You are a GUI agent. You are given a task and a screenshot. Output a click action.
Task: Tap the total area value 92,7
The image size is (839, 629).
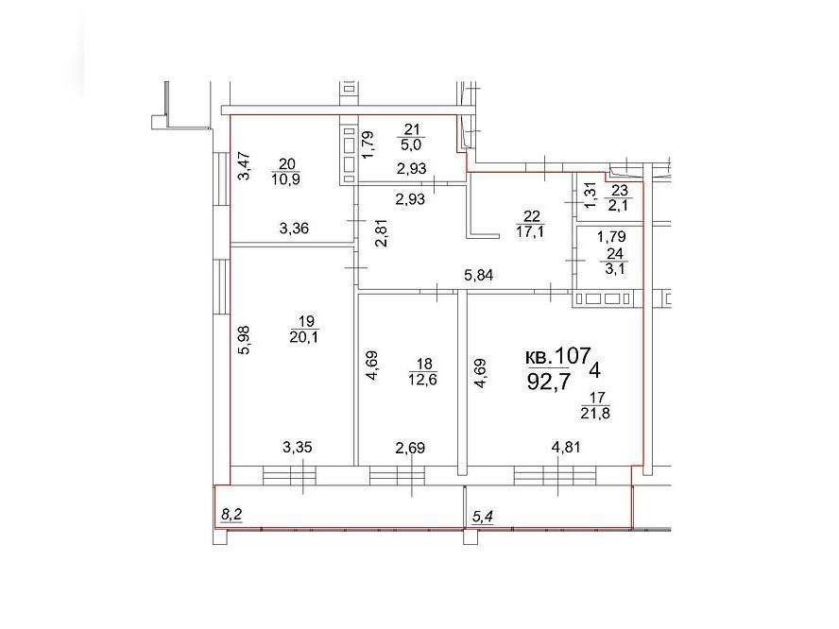click(x=550, y=382)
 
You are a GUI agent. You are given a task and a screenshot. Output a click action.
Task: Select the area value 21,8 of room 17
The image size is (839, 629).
click(x=595, y=413)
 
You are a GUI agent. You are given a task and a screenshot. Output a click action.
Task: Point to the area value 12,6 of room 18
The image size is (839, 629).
click(x=422, y=380)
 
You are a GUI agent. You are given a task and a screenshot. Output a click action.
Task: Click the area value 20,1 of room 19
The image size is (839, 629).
click(x=304, y=337)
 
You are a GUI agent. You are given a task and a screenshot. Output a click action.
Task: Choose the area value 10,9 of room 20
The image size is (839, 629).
click(x=285, y=179)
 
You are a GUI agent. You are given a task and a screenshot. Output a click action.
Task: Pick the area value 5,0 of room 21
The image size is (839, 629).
click(x=412, y=144)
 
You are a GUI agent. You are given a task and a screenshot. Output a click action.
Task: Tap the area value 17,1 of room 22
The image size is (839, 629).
click(x=530, y=231)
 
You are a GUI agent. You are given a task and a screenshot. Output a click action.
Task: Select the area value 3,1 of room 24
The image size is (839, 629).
click(x=615, y=268)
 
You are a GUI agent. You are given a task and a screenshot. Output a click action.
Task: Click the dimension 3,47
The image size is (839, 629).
click(x=244, y=166)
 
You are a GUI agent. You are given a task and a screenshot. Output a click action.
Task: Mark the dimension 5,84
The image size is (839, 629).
click(x=478, y=276)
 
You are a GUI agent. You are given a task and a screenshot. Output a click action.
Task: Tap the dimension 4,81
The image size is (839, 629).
click(x=566, y=447)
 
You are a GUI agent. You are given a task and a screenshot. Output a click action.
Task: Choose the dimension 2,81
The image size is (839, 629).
click(x=383, y=232)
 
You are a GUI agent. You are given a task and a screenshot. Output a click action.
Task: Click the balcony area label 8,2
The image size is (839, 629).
click(x=231, y=515)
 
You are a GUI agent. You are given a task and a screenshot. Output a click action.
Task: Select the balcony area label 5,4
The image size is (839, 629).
click(x=482, y=517)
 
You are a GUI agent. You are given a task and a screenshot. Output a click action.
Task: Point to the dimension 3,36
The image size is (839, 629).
click(x=294, y=229)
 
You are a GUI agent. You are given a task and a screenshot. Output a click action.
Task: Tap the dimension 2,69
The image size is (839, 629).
click(x=409, y=447)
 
